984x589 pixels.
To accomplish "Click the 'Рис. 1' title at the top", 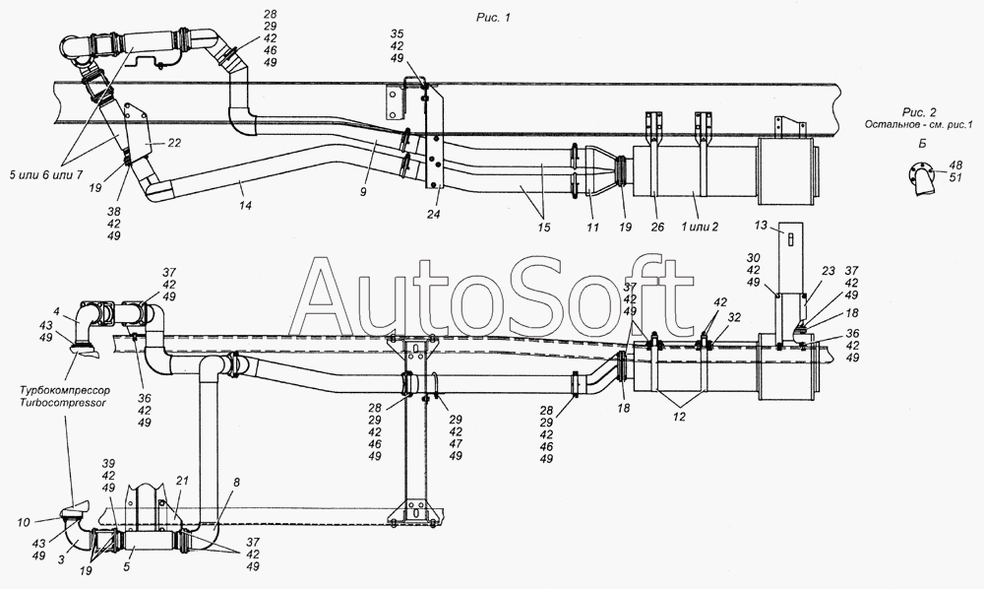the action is coord(493,18).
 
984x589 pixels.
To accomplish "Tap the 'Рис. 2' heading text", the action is coord(919,112).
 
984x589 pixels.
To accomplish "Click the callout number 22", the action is coord(174,143).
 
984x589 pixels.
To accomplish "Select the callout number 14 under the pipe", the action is coord(245,205).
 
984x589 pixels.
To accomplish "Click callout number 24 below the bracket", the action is coord(434,214).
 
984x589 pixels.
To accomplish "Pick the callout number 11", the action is coord(593,228).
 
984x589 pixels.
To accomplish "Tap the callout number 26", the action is coord(657,228).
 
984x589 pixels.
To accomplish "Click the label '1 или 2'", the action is coord(700,227).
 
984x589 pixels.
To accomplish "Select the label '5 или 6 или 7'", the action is coord(46,175).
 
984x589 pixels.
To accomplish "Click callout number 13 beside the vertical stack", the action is coord(761,225).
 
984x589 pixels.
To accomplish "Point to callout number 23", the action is coord(829,271).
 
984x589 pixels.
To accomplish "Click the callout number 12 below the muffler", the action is coord(680,416).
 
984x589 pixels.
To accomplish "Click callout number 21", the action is coord(182,481).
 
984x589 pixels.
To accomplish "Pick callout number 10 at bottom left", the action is coord(24,522).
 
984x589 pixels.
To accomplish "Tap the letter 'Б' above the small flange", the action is coord(922,143).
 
